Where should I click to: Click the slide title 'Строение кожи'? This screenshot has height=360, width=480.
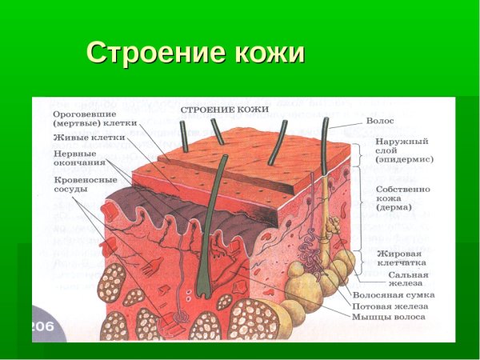pos(196,53)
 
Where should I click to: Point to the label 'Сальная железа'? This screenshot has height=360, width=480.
pos(403,278)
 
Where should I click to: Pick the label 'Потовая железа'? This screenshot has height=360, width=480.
pos(390,306)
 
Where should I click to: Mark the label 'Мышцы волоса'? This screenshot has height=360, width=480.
pos(390,317)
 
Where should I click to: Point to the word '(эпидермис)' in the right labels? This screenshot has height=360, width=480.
pos(404,159)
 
